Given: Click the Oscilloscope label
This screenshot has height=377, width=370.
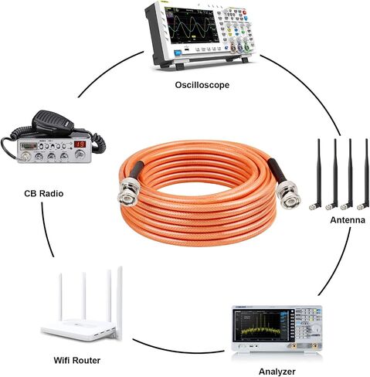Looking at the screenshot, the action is tap(202, 85).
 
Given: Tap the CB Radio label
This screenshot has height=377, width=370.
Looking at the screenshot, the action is tap(44, 193).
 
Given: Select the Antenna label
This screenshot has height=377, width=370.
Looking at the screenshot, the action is tap(348, 220).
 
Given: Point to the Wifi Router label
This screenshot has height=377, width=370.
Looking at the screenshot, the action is tap(77, 360).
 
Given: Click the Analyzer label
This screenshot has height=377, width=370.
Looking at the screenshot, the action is tap(277, 372).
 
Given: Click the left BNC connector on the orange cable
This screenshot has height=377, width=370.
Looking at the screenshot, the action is tap(129, 192).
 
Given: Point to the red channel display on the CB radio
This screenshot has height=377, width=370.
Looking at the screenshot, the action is tap(80, 144).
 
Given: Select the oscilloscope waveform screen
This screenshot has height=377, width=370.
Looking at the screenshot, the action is tap(192, 25).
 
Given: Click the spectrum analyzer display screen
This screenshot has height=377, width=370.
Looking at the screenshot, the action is tap(260, 324).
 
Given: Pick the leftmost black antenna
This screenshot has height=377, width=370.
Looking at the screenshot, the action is tap(317, 175).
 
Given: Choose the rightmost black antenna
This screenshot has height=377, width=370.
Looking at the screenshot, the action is tap(365, 175).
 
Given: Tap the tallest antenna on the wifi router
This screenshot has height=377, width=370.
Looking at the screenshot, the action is tap(119, 303).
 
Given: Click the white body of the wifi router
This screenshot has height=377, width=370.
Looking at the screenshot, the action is tap(79, 330).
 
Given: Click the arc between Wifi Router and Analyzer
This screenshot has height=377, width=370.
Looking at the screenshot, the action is tap(176, 348).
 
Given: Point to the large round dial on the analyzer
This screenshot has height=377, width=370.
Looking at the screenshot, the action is tap(316, 329).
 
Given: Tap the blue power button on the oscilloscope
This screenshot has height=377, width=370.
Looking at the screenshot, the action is tap(178, 53).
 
